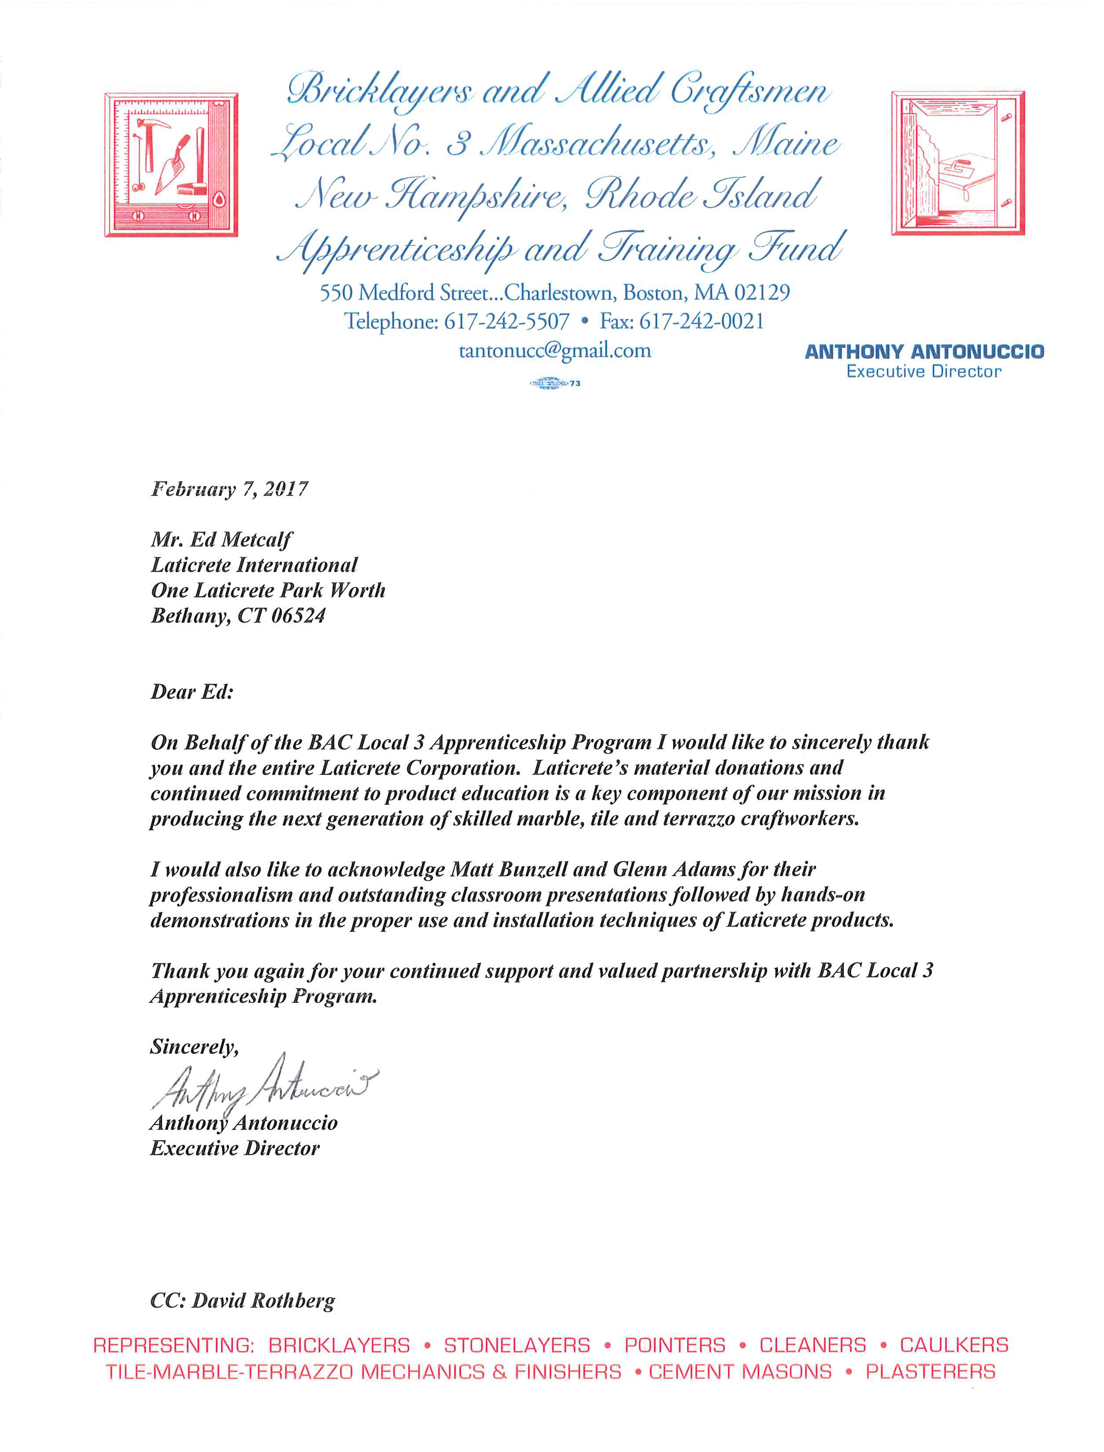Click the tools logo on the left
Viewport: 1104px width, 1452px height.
(171, 164)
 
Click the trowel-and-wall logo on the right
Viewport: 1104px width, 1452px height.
(957, 163)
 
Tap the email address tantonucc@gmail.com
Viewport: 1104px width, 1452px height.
(554, 351)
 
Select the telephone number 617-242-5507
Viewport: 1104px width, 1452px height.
(506, 321)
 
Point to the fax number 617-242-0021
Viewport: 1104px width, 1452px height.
(701, 321)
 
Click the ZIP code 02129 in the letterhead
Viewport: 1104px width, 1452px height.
(762, 292)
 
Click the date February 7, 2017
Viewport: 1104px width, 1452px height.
(229, 489)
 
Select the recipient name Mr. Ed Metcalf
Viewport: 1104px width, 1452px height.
(221, 539)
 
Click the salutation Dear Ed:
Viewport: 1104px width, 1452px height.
(192, 692)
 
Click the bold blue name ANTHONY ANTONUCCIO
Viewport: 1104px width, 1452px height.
(924, 352)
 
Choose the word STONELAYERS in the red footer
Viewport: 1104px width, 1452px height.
(517, 1345)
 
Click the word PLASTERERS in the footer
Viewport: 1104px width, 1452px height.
(930, 1372)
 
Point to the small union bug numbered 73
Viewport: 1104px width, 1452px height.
(554, 383)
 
